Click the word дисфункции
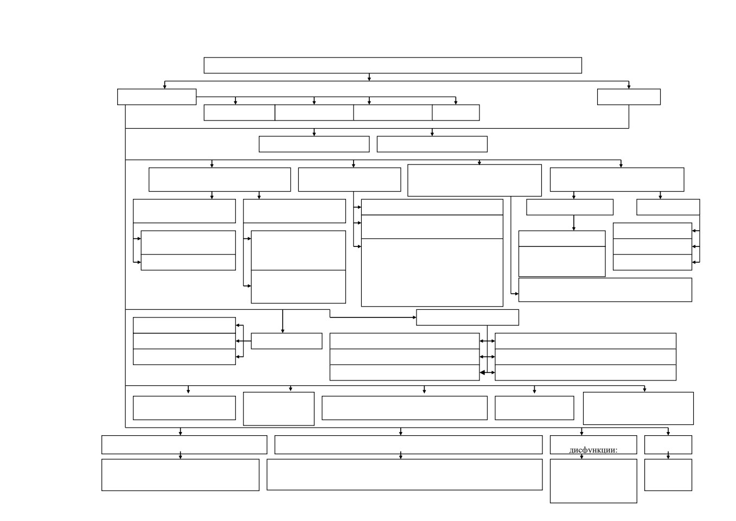point(593,450)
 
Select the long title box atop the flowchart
point(393,66)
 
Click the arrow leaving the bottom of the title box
point(369,77)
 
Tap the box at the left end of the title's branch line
point(157,97)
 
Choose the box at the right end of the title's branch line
point(629,97)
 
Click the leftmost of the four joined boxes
point(239,113)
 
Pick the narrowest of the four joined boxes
point(456,113)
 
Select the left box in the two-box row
point(314,144)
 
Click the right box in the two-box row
point(432,144)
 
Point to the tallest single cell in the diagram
point(432,272)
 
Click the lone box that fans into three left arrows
point(286,341)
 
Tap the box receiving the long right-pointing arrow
point(468,317)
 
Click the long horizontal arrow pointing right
point(373,317)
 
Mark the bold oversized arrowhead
point(482,372)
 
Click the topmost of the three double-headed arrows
point(487,341)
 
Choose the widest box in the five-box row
point(405,408)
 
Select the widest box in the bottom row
point(405,475)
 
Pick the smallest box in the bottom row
point(668,475)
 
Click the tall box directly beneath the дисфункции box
point(593,481)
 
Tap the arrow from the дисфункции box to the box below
point(581,455)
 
